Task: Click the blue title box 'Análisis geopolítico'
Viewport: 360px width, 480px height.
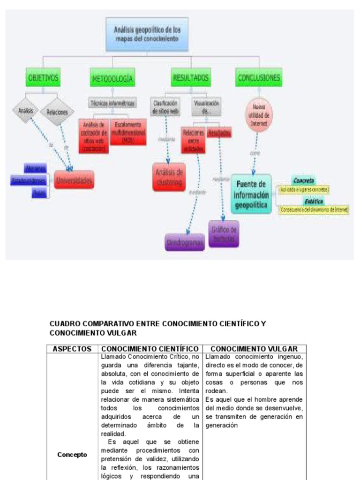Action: [x=147, y=35]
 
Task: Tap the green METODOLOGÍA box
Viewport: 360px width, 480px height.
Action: [x=112, y=78]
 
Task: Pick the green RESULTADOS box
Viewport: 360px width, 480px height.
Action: [x=190, y=78]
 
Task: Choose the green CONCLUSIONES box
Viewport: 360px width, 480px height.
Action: [x=259, y=78]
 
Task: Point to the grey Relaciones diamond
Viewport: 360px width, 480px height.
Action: [x=57, y=112]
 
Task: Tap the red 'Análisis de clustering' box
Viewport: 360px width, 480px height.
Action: [x=169, y=177]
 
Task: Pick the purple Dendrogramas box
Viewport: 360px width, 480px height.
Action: [x=185, y=242]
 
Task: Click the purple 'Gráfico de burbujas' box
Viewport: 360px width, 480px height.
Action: [x=224, y=233]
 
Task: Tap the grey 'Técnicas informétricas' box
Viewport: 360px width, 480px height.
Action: [x=112, y=103]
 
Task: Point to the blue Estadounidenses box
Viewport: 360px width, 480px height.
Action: [x=28, y=180]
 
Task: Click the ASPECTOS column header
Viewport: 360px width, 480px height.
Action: [x=71, y=349]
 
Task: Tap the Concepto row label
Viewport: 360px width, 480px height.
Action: [x=72, y=454]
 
